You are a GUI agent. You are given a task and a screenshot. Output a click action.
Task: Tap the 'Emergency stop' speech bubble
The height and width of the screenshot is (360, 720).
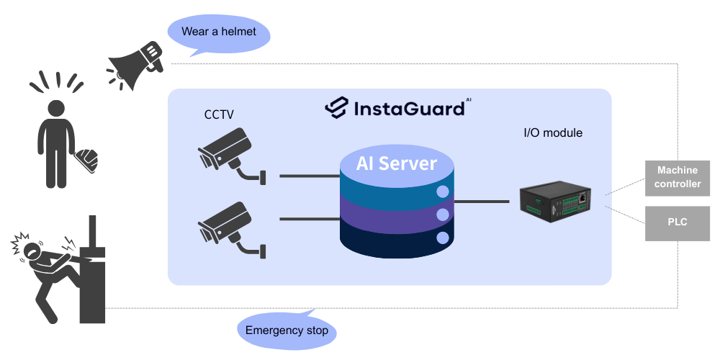[x=287, y=330]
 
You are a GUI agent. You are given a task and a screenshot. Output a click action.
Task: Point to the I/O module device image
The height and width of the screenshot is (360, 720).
[x=555, y=199]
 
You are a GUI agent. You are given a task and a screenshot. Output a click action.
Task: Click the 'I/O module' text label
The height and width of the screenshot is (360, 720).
[x=552, y=133]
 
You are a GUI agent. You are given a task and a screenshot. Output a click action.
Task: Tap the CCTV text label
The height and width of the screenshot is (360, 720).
[x=219, y=114]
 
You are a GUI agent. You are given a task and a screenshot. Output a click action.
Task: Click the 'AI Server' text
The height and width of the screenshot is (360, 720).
[x=397, y=163]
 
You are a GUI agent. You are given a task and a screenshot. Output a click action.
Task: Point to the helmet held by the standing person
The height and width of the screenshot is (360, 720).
[x=88, y=159]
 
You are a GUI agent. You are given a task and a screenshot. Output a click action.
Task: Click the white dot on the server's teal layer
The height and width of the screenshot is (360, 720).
[x=444, y=192]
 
